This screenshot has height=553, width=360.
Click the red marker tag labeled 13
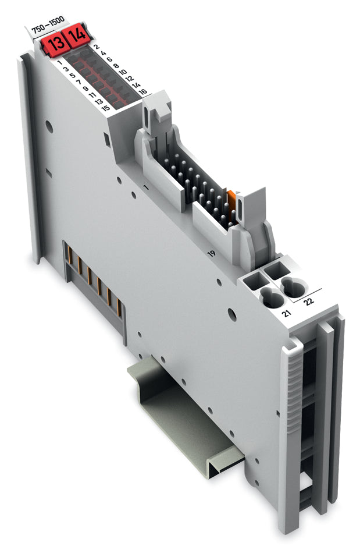click(x=55, y=44)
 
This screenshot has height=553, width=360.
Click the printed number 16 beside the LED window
click(x=143, y=91)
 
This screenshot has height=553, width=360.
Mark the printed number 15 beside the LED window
click(x=105, y=108)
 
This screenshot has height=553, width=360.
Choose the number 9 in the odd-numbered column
click(x=85, y=88)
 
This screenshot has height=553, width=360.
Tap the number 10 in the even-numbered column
click(x=122, y=72)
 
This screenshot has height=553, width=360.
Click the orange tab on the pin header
click(x=232, y=200)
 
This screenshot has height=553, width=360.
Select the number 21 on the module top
click(x=286, y=314)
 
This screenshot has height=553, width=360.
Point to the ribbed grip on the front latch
click(x=293, y=384)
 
